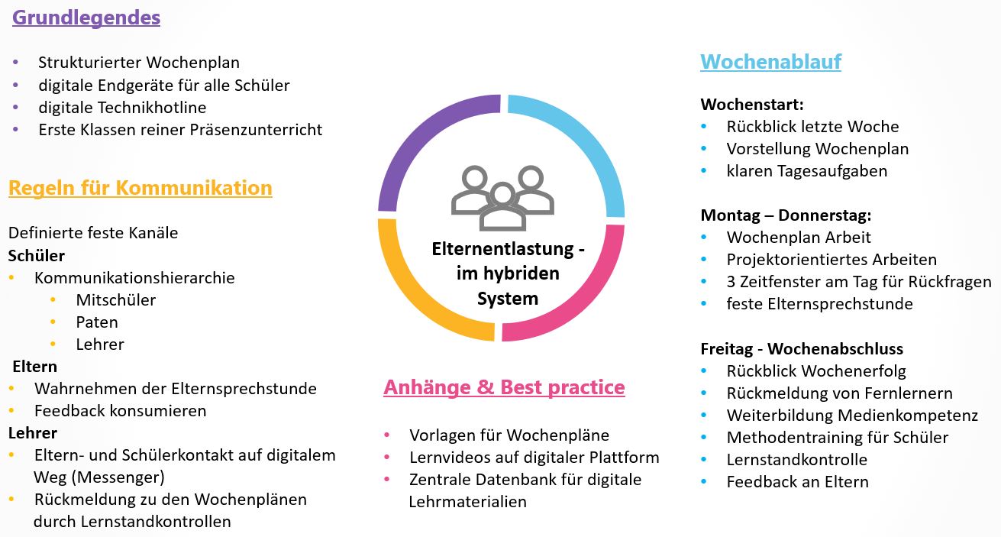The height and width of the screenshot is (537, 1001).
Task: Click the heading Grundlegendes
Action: tap(86, 18)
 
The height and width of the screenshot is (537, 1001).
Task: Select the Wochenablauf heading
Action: tap(770, 61)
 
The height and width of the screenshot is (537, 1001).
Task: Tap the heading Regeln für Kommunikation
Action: tap(140, 188)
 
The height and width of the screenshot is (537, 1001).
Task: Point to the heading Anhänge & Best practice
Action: tap(504, 387)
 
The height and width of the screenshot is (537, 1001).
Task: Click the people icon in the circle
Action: tap(502, 198)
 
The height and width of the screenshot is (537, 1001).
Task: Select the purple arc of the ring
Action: tap(412, 141)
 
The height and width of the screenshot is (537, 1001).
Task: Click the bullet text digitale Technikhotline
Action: tap(122, 108)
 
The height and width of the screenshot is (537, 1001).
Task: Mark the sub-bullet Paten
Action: tap(97, 322)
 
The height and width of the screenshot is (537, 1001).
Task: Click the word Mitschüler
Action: tap(115, 299)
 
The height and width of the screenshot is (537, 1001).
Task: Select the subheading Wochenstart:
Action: tap(752, 105)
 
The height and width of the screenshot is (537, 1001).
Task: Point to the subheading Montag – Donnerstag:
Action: tap(786, 215)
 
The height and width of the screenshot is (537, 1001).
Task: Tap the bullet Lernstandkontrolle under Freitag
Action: tap(797, 459)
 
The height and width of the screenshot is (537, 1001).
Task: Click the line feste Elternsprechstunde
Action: tap(819, 303)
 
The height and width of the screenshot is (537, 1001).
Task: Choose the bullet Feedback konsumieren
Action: tap(120, 410)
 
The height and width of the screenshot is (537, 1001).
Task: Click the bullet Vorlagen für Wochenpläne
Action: tap(509, 435)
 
